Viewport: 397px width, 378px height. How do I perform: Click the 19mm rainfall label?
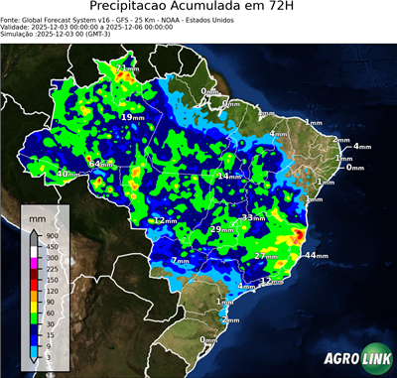point(130,117)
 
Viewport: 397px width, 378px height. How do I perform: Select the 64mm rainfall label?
point(102,163)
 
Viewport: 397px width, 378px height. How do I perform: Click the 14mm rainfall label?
point(228,176)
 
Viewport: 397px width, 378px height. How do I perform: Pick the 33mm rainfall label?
point(253,217)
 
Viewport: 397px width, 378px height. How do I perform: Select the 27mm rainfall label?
point(265,256)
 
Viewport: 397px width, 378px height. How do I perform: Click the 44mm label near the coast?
point(316,256)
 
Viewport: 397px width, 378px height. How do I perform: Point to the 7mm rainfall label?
point(180,261)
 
